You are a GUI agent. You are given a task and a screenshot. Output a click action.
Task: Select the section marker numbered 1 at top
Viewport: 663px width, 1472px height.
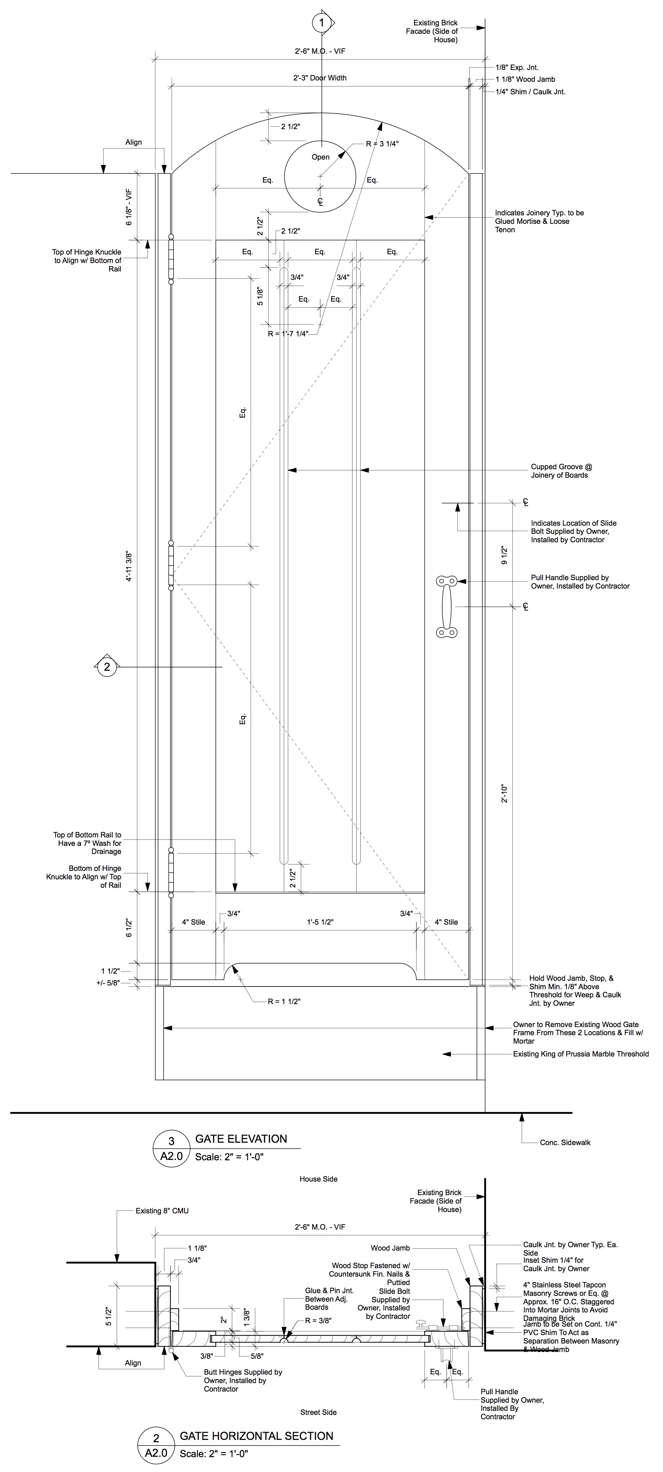click(321, 23)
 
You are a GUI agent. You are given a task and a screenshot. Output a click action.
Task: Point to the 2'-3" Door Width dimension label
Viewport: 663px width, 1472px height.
click(320, 78)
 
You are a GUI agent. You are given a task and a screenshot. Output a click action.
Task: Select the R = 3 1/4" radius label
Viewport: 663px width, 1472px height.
click(382, 143)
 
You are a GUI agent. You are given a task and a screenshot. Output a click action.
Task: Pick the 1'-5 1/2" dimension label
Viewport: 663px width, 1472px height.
click(320, 922)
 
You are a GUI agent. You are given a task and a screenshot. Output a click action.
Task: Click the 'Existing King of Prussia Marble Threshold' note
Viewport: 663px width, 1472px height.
click(581, 1054)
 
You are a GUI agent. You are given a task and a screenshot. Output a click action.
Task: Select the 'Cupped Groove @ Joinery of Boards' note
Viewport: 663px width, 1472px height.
click(561, 471)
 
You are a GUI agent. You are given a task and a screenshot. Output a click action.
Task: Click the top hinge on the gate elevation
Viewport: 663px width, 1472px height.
click(170, 258)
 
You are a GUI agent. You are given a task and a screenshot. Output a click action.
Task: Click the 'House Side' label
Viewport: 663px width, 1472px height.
click(318, 1179)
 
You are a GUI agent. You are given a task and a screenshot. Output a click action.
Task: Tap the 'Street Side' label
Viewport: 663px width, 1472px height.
click(318, 1407)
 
